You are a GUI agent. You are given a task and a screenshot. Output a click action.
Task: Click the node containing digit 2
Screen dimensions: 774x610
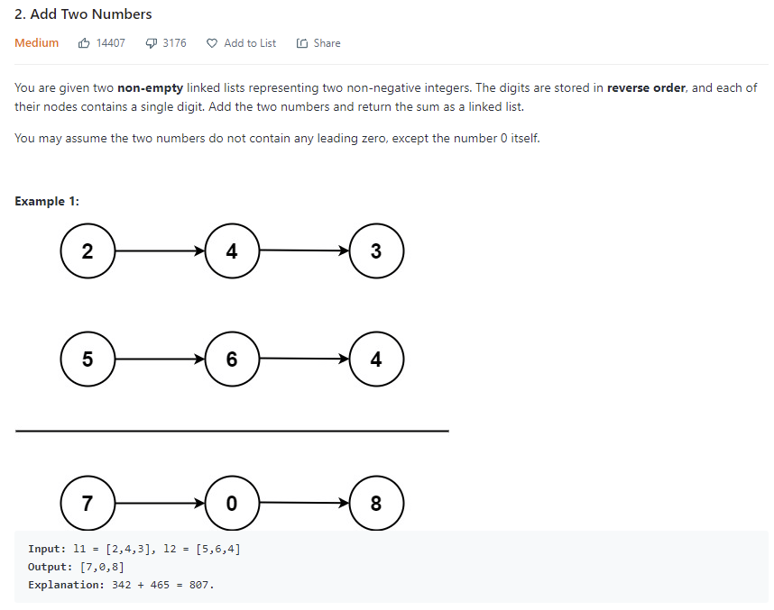tap(88, 251)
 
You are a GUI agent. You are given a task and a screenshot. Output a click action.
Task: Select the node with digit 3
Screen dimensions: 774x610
tap(376, 251)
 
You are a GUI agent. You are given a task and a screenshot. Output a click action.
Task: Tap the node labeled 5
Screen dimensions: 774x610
tap(88, 360)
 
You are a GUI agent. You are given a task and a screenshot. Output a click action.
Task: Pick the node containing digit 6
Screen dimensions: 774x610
tap(232, 360)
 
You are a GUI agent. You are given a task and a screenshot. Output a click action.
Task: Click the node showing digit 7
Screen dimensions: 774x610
tap(88, 503)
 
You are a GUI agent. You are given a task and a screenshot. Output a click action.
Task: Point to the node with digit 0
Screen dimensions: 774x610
tap(232, 503)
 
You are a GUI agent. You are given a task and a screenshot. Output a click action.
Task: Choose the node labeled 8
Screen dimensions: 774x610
tap(376, 503)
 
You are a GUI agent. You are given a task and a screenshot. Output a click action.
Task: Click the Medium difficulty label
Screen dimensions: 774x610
tap(37, 43)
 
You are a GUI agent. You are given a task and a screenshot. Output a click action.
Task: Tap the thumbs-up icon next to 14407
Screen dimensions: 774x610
tap(84, 43)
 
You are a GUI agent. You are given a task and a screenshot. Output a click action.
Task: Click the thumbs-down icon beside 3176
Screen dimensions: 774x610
tap(151, 43)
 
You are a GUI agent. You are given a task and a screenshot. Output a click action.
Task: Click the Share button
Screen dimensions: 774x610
tap(318, 43)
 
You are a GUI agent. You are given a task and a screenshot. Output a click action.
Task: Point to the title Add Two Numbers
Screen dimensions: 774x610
tap(83, 14)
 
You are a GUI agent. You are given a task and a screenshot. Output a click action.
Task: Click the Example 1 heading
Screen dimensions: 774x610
tap(47, 201)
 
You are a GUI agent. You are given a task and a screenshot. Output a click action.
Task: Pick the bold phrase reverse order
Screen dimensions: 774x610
tap(646, 88)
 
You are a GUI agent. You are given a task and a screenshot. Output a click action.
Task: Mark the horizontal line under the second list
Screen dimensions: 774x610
tap(232, 431)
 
